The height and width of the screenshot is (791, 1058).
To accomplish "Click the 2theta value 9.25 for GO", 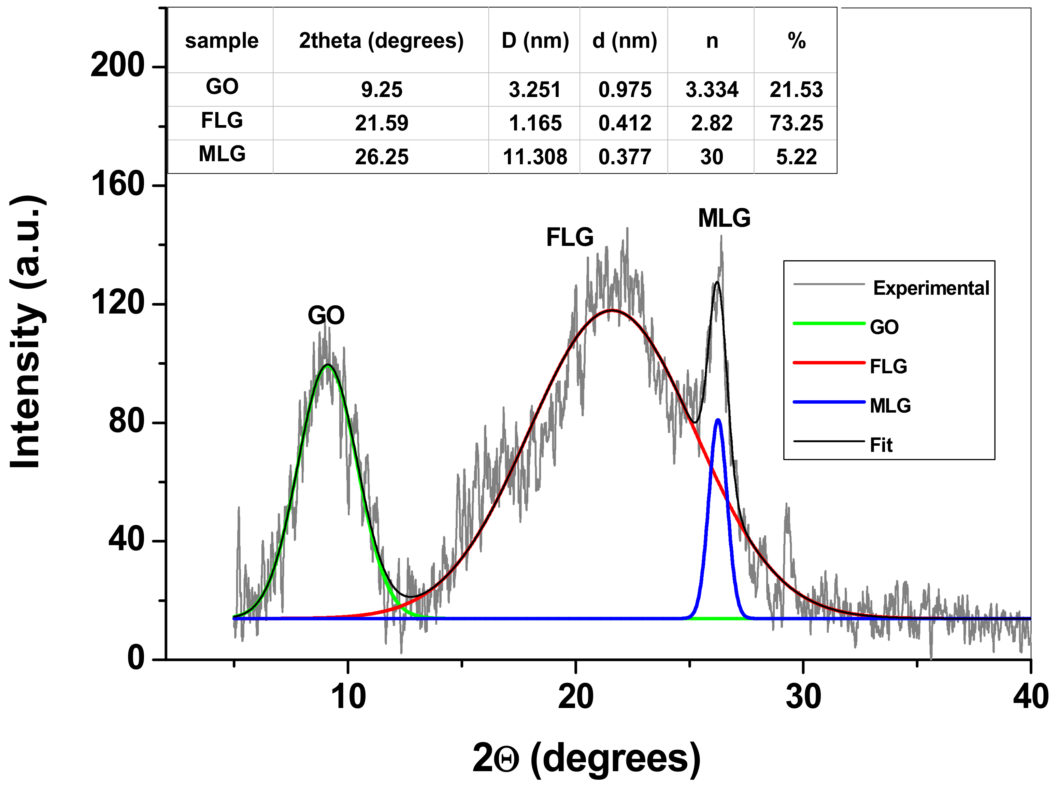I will coord(381,90).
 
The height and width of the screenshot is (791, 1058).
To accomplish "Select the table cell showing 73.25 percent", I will coord(796,123).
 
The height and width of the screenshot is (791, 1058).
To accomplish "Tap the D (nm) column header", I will coord(535,41).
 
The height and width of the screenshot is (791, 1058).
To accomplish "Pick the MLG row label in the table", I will coord(222,154).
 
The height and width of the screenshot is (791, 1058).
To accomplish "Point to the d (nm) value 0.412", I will coord(625,123).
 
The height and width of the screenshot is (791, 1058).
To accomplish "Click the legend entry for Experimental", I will coord(930,288).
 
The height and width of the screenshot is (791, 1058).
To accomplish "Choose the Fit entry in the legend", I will coord(881,445).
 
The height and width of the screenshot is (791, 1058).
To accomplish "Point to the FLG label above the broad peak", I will coord(569,237).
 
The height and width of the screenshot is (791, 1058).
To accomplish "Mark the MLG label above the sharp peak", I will coord(724,218).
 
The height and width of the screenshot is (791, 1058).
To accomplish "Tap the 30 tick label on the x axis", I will coord(803,697).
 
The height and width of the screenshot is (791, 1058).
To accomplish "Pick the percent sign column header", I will coord(796,41).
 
